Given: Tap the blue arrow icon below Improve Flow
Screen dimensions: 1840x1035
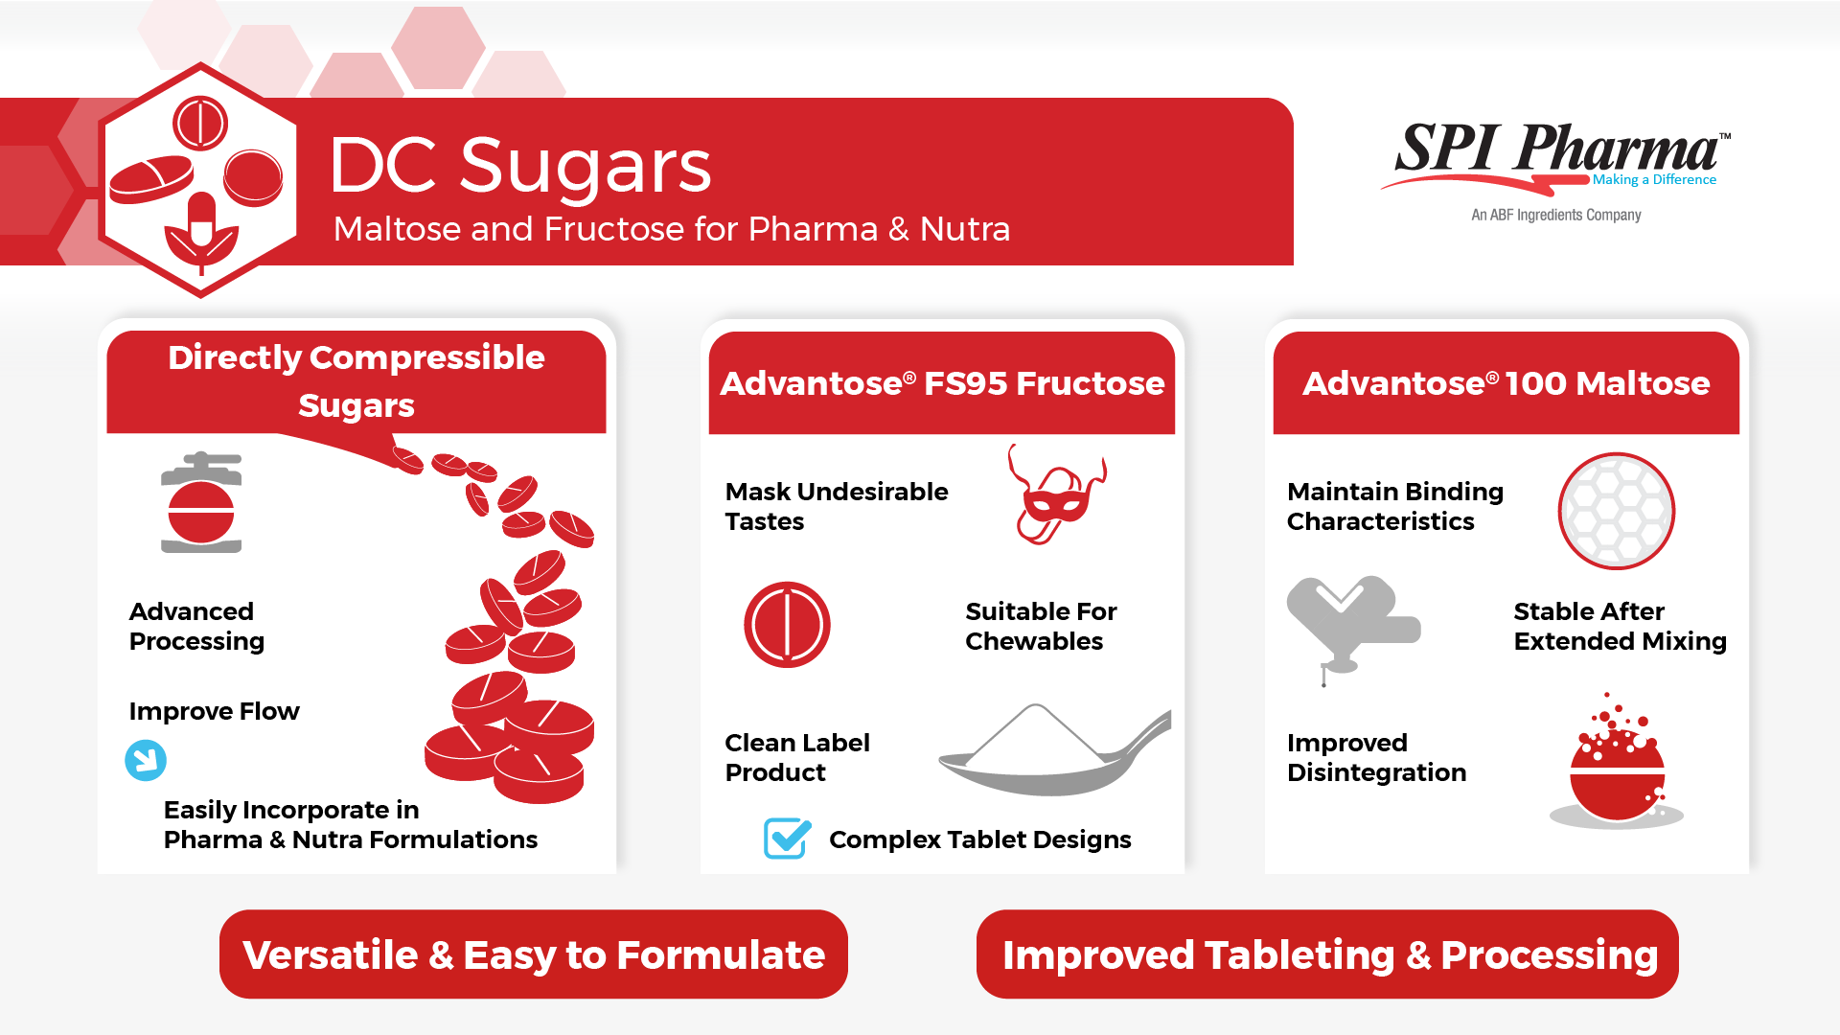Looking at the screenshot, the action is point(146,760).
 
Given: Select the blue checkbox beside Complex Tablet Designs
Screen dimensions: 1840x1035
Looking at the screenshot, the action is point(788,839).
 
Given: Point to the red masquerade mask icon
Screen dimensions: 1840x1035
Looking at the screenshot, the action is point(1056,494).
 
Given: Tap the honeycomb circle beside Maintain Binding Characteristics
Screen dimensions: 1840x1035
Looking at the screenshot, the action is point(1617,511).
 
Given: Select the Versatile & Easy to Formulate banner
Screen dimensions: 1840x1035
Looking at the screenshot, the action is point(534,954).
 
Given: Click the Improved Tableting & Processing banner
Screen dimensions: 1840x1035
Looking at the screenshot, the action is point(1327,954).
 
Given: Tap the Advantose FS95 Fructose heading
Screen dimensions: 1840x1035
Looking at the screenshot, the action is point(942,383).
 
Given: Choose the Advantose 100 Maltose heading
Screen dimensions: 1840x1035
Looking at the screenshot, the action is point(1506,383).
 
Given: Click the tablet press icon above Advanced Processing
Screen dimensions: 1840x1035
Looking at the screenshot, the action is point(201,502).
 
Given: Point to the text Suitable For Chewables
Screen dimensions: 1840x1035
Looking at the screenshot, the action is point(1041,626).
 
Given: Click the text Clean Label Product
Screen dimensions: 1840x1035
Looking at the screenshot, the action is point(797,757).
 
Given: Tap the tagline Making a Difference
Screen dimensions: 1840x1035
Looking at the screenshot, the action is point(1654,179).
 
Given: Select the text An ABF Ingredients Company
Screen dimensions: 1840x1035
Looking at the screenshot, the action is point(1556,215).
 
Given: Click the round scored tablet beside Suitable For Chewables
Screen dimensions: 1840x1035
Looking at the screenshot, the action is point(787,625).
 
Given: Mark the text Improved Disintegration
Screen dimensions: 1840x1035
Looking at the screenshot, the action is point(1376,757).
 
